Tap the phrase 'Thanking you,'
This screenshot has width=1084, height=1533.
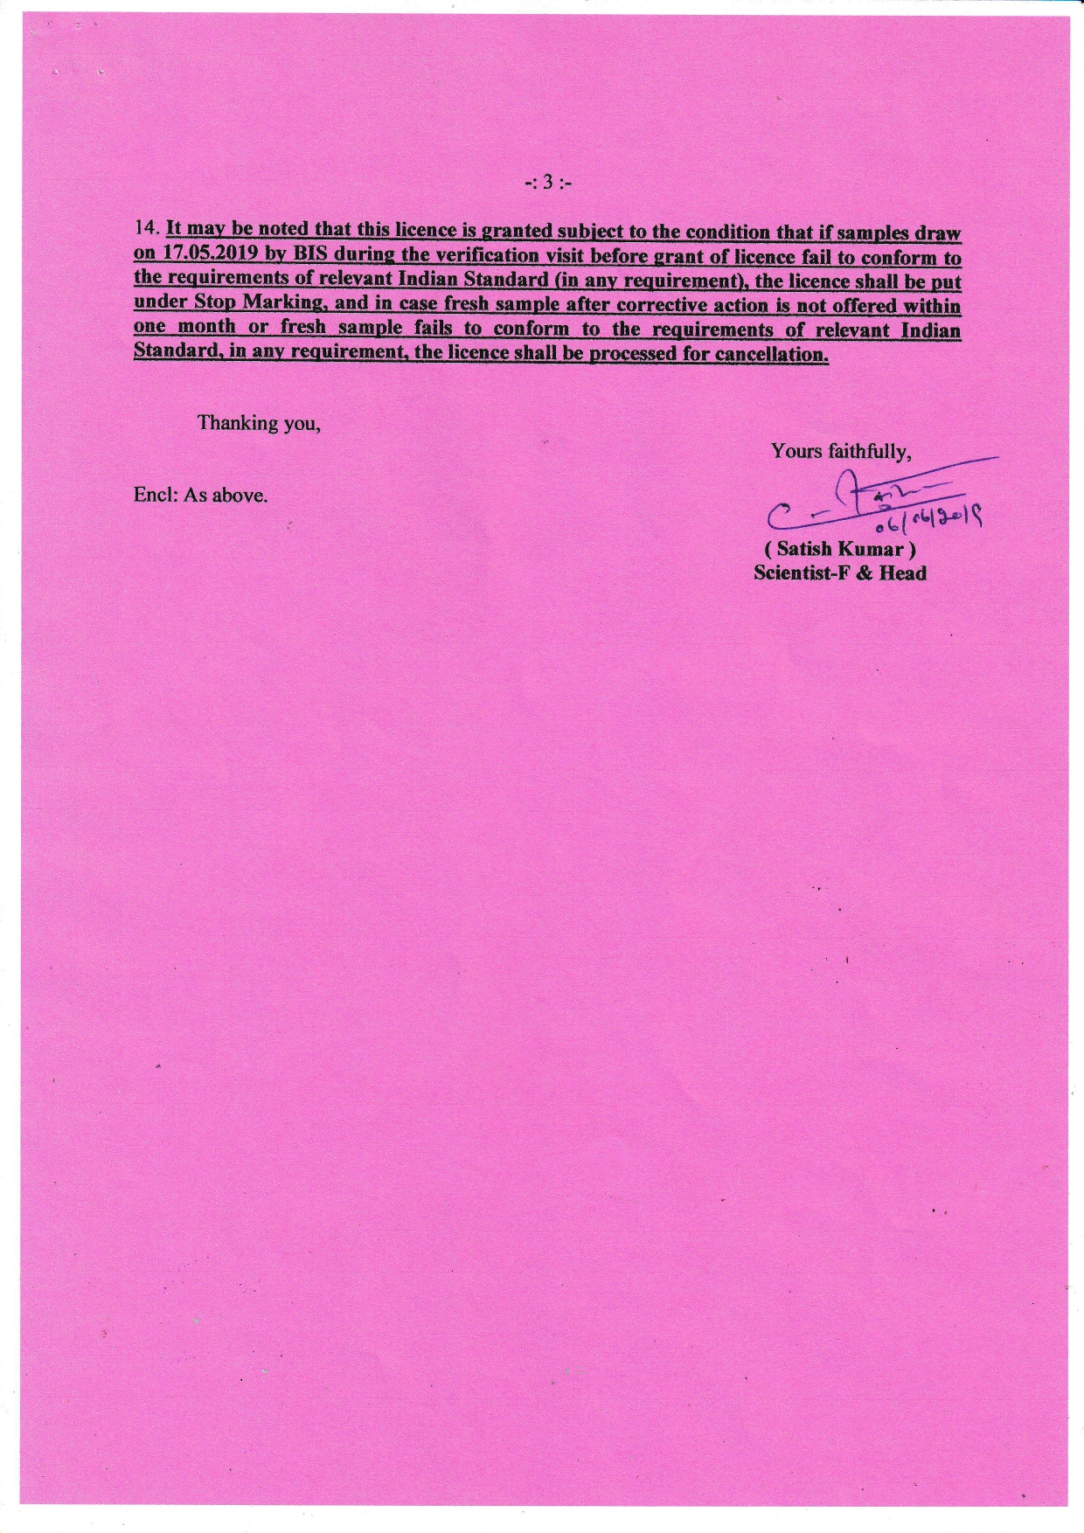259,423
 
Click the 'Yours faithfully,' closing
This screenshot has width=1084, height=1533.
841,451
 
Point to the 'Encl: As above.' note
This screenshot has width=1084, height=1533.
200,496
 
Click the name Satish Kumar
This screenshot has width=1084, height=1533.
840,550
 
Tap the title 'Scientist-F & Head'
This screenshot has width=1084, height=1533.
840,573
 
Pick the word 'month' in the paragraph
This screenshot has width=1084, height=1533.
206,328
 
